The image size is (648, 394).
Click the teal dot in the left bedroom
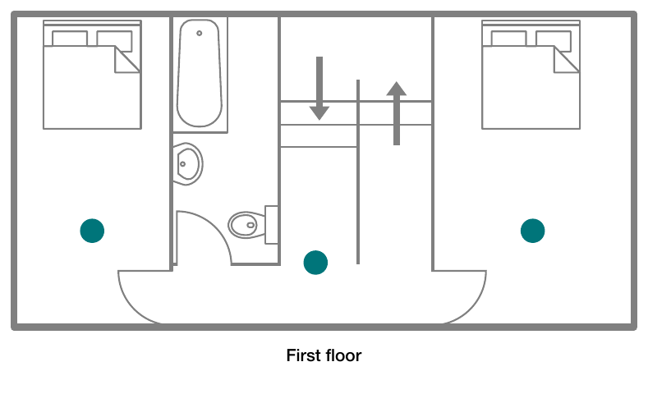[92, 231]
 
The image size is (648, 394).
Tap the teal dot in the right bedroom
[533, 231]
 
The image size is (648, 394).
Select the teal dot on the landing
[315, 262]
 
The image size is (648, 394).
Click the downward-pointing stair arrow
[319, 89]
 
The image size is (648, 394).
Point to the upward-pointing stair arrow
[397, 113]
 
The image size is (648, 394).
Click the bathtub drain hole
[200, 33]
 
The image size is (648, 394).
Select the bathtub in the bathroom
[200, 73]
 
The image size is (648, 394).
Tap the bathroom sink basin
[188, 164]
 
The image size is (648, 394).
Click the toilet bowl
[246, 225]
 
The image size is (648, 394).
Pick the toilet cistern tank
[271, 225]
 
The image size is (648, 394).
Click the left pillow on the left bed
[70, 39]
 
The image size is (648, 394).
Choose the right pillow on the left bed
[114, 41]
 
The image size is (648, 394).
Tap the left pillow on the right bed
[508, 39]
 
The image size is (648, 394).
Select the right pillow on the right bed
[554, 41]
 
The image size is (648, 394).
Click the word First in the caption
[303, 355]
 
